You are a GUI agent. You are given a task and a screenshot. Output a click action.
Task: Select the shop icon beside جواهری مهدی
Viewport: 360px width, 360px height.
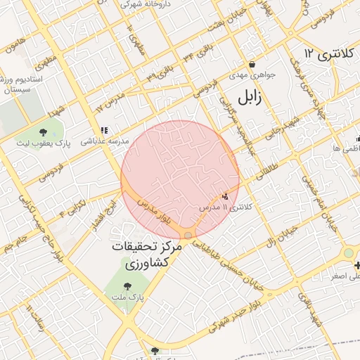[252, 84]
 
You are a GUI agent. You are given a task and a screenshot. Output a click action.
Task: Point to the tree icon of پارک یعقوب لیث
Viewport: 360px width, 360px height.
[44, 132]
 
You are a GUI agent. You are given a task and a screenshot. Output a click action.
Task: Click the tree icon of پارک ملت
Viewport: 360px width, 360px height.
[127, 286]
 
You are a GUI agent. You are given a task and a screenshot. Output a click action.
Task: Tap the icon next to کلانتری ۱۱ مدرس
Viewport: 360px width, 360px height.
[225, 198]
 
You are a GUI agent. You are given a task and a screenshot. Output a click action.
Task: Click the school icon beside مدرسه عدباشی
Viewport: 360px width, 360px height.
[104, 130]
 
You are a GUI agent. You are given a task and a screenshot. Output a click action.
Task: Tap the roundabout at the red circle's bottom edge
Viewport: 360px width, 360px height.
[188, 234]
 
